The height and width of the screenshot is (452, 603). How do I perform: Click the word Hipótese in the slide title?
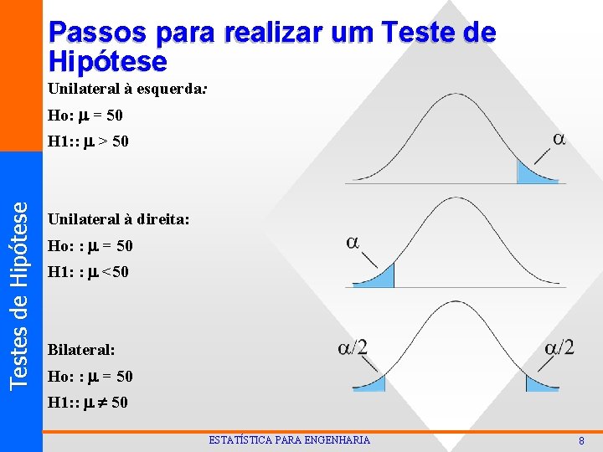tap(108, 61)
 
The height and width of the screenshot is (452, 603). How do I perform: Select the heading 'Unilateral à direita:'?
tap(119, 219)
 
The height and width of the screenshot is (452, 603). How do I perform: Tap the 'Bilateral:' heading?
tap(82, 349)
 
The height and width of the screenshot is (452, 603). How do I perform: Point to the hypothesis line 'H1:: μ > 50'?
tap(89, 141)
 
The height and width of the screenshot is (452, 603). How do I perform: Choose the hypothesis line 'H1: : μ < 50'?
tap(89, 272)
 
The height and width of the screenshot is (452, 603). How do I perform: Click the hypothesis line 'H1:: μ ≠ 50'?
tap(89, 403)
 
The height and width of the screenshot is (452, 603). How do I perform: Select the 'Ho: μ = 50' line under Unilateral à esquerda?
tap(85, 115)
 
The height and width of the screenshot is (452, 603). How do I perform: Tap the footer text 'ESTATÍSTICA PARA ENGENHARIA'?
tap(289, 440)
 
